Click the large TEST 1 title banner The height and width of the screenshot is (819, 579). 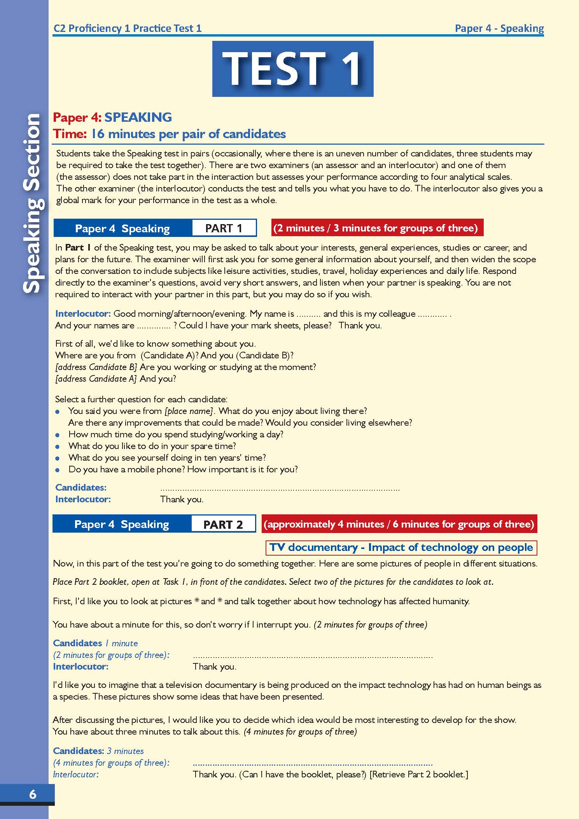[x=292, y=69]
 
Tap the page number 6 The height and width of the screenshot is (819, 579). [x=33, y=794]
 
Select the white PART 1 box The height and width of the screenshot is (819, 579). [x=224, y=228]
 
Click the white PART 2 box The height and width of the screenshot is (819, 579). [x=223, y=524]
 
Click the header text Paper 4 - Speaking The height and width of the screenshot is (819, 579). [x=499, y=28]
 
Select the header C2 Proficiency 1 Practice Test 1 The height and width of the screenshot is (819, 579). [x=128, y=28]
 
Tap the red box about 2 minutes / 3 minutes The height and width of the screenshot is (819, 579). [x=377, y=228]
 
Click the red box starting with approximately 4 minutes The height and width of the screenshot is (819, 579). [x=399, y=524]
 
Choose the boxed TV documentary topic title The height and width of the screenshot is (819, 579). [x=401, y=547]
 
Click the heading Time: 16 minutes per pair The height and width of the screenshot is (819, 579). [x=170, y=134]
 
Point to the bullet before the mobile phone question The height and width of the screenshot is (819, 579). [x=58, y=470]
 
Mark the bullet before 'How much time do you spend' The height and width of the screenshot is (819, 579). [x=58, y=435]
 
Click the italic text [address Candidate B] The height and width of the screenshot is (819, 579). [x=96, y=367]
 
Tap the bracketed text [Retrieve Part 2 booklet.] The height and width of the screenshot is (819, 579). [x=418, y=774]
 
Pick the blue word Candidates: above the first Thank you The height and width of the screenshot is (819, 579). [x=81, y=488]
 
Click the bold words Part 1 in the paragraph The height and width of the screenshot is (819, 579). [x=74, y=247]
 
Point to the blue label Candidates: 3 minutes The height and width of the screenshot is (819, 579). [x=98, y=751]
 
